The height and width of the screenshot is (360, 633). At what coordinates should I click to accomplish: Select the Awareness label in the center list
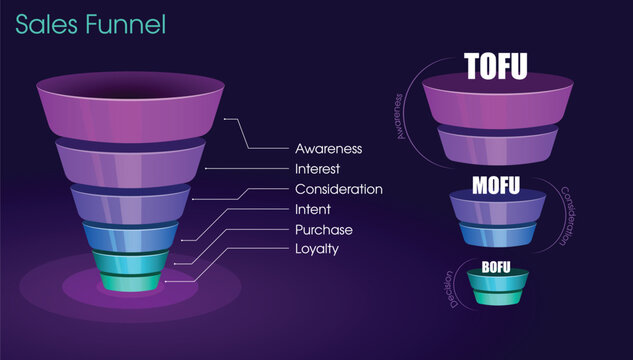[x=328, y=148]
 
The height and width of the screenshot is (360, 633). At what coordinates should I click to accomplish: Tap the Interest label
[x=318, y=168]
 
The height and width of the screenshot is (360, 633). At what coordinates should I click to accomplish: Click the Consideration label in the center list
[x=338, y=189]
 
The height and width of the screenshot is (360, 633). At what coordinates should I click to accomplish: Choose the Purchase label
[x=323, y=229]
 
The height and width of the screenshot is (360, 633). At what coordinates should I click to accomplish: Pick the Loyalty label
[x=317, y=249]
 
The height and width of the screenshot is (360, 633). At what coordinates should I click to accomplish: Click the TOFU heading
[x=496, y=66]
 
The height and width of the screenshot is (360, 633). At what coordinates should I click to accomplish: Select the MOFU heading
[x=496, y=184]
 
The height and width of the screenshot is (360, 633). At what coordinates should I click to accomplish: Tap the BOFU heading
[x=496, y=267]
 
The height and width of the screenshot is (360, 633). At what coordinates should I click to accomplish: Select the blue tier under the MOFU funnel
[x=496, y=233]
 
